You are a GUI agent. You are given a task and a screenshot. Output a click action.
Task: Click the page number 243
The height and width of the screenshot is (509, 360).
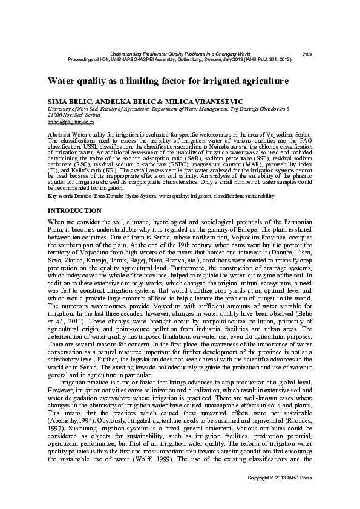click(306, 55)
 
